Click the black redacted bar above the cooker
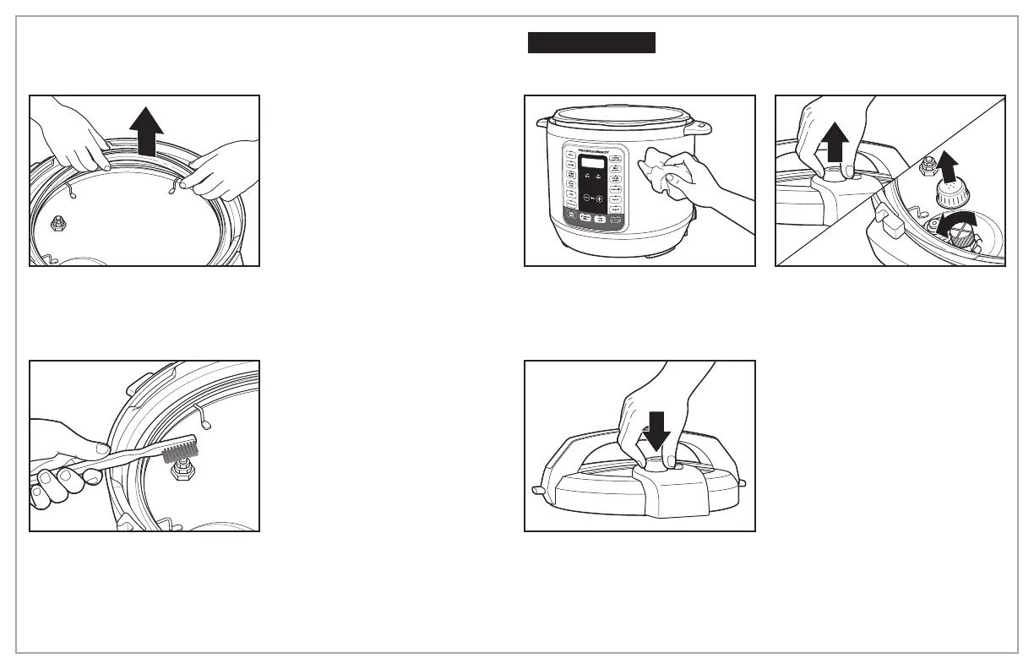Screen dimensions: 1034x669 (591, 43)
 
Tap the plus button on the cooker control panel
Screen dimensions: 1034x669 (600, 199)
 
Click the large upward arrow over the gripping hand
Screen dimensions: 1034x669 (835, 142)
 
